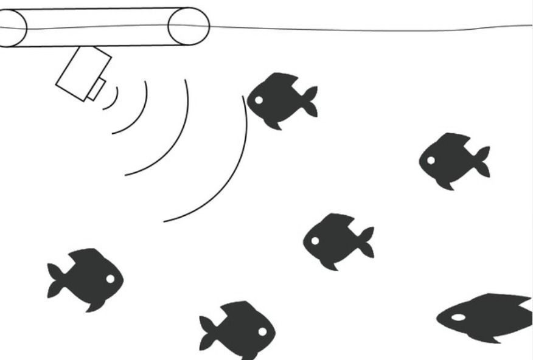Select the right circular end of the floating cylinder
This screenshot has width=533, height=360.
click(x=189, y=26)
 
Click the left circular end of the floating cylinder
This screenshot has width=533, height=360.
click(x=11, y=28)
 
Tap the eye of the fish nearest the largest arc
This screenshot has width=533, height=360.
click(x=259, y=100)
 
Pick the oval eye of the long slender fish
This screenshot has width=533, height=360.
click(x=458, y=317)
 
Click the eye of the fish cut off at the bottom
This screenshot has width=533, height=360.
click(x=262, y=331)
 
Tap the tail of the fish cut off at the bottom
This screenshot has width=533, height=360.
click(x=207, y=332)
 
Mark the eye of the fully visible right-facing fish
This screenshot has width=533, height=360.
click(x=110, y=279)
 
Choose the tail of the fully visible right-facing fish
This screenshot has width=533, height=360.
click(x=55, y=280)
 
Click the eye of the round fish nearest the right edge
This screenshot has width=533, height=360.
click(x=431, y=161)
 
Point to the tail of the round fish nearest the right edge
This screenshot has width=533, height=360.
click(x=482, y=161)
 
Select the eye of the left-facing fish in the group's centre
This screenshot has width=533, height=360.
click(x=315, y=241)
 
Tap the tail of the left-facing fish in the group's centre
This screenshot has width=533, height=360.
click(x=366, y=242)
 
